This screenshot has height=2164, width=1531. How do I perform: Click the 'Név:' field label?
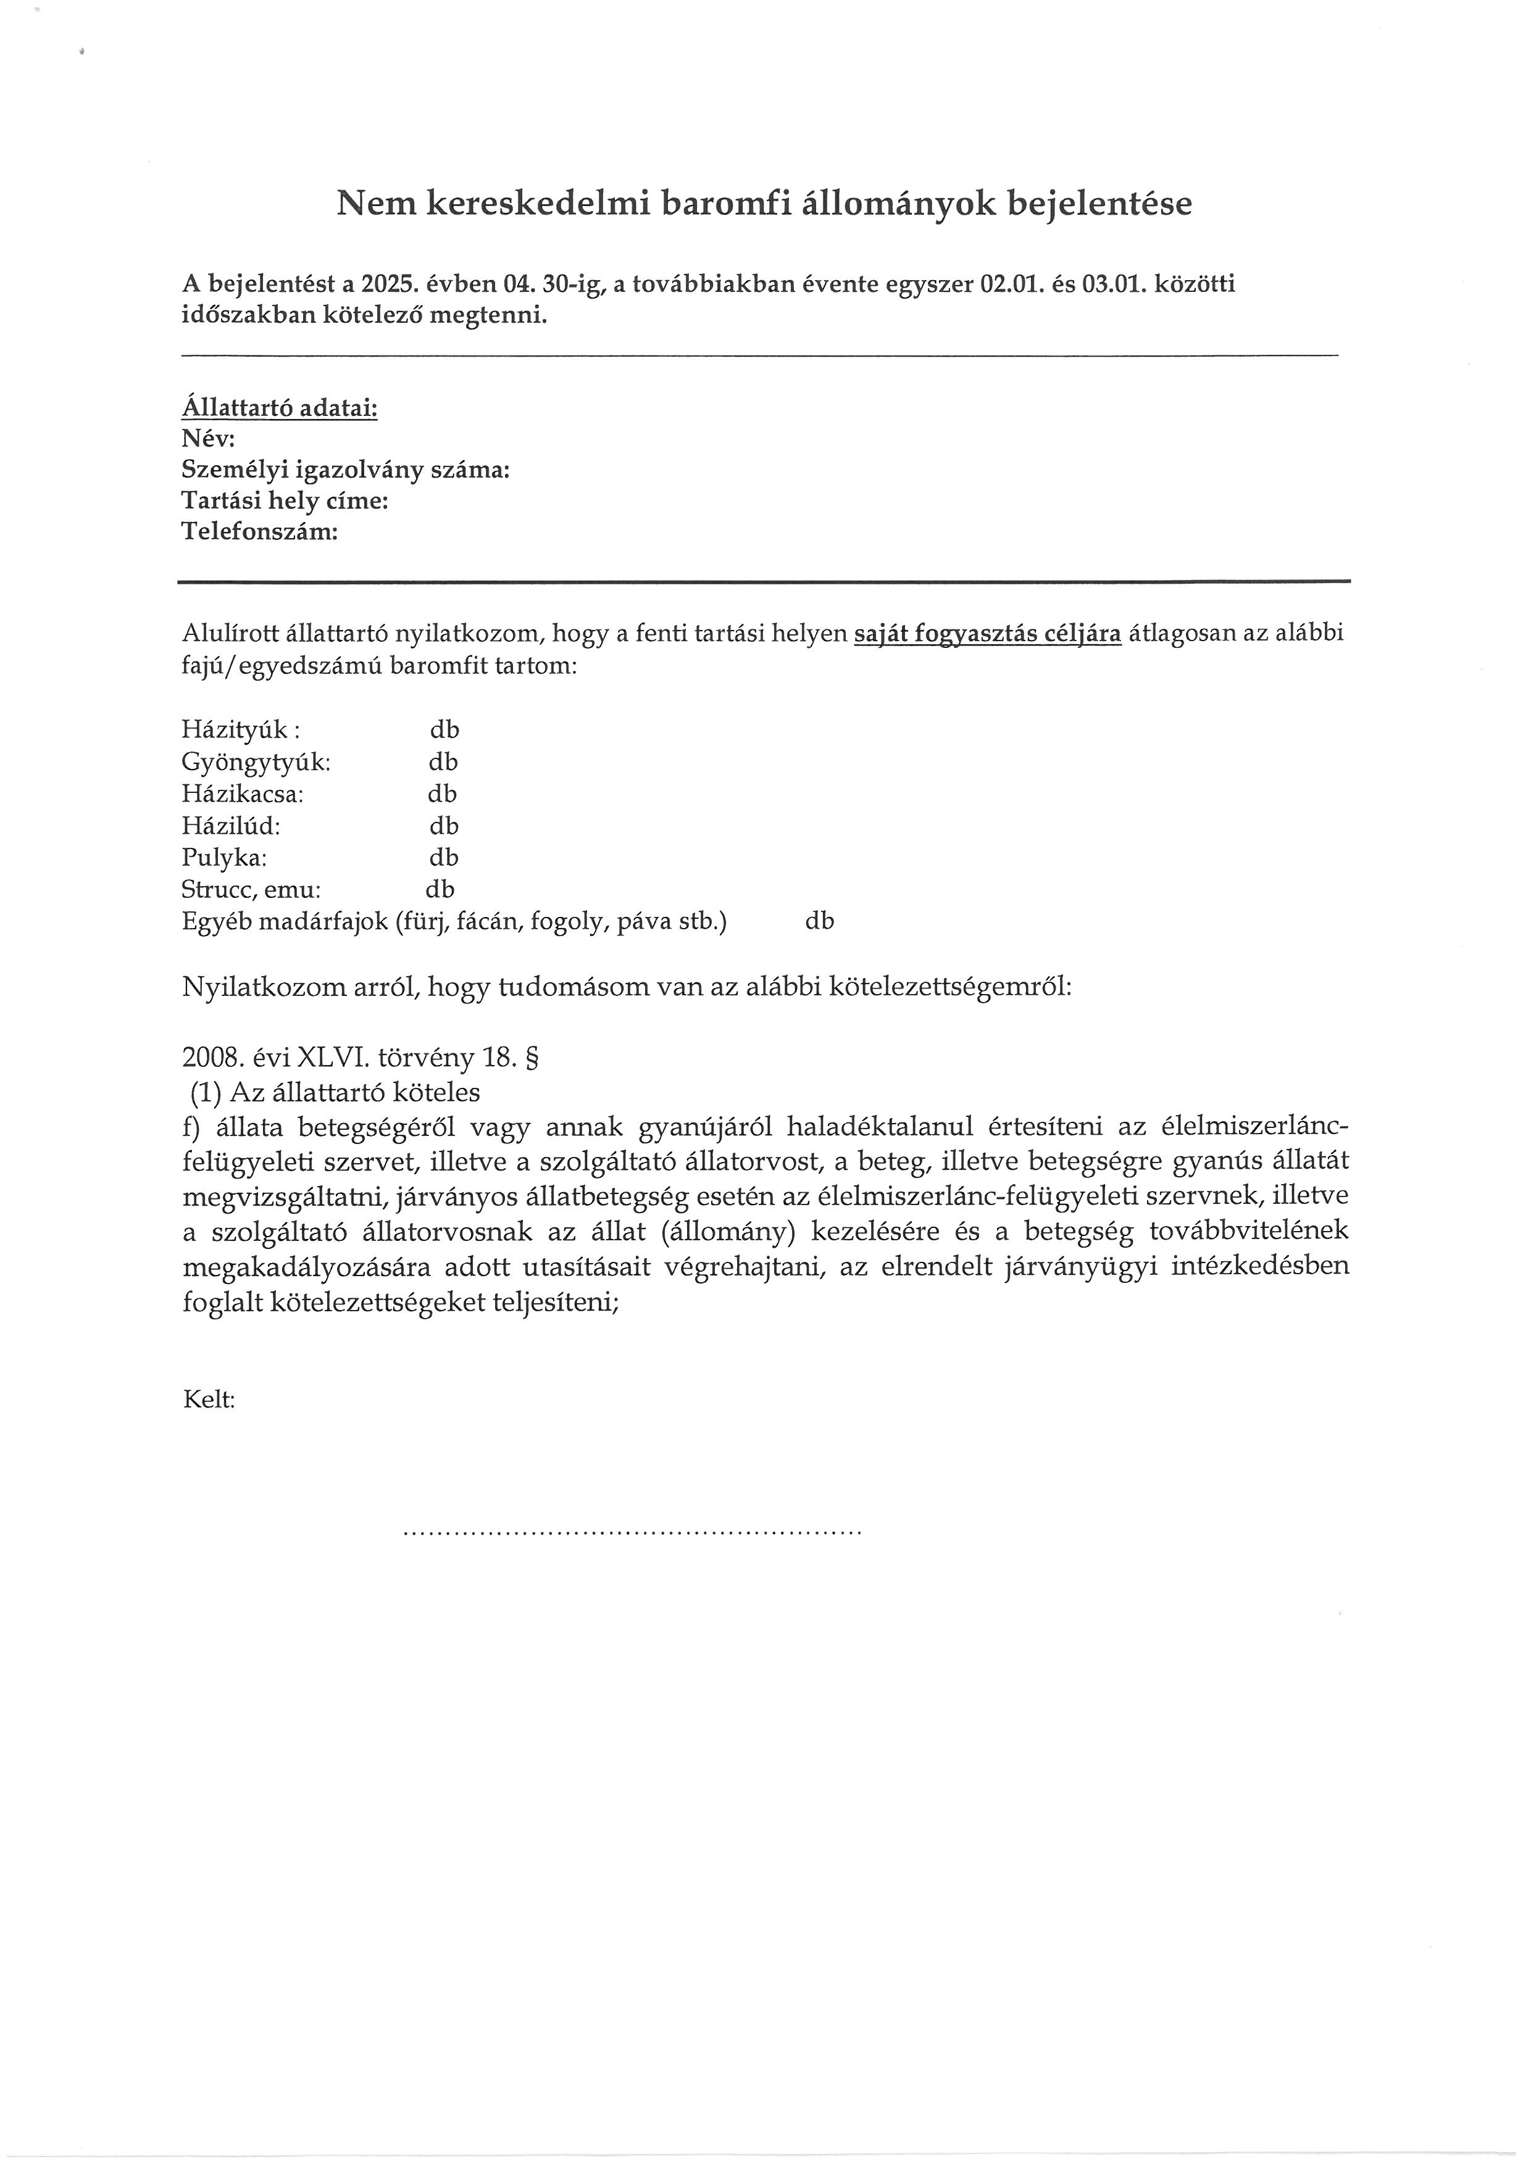pos(207,439)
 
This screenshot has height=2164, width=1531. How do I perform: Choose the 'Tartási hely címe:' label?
pos(285,502)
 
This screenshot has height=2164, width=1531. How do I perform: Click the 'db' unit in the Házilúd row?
pos(444,827)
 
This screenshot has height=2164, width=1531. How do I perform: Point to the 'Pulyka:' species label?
pos(224,858)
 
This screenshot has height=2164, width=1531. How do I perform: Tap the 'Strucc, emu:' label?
pos(251,890)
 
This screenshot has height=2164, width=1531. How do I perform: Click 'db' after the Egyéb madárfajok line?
pos(819,922)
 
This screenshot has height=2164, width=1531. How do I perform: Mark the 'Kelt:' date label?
pos(208,1399)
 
